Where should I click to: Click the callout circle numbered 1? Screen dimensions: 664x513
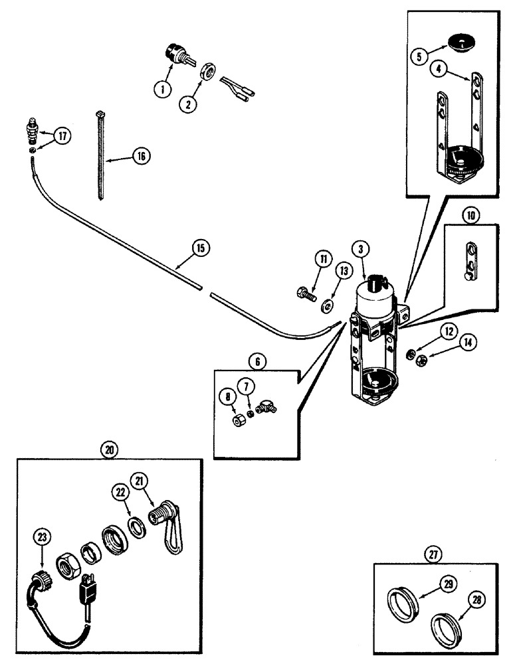[161, 87]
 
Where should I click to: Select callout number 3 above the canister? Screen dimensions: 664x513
[360, 250]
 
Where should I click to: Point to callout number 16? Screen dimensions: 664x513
[142, 156]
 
